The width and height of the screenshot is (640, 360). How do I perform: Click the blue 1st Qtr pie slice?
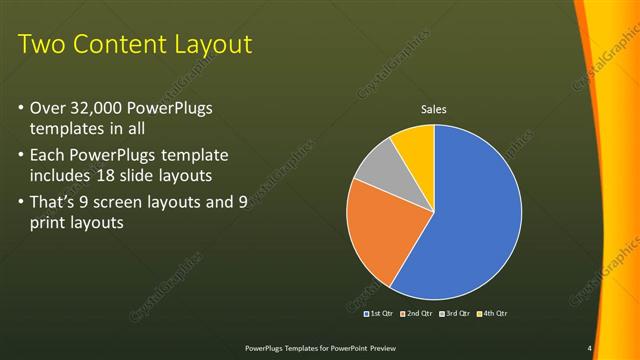coord(475,215)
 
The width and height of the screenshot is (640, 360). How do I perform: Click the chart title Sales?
coord(433,110)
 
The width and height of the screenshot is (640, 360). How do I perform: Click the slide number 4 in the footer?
coord(589,348)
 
